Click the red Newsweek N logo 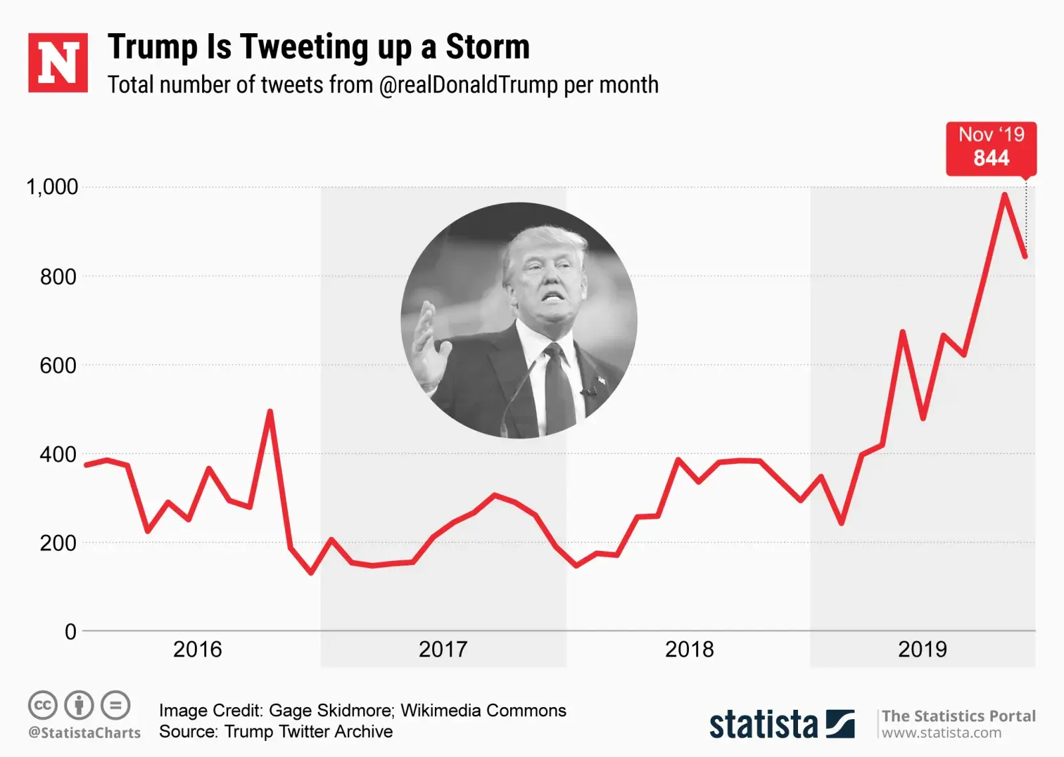(x=58, y=62)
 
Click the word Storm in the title (x=487, y=47)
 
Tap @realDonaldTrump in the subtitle (x=468, y=85)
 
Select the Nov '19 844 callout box (x=991, y=148)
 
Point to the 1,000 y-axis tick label (x=52, y=187)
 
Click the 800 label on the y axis (x=58, y=276)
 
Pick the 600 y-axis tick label (x=58, y=366)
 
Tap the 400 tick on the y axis (x=58, y=455)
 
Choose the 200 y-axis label (x=58, y=543)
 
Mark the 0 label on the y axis (x=70, y=631)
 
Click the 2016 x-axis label (x=198, y=649)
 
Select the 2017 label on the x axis (x=443, y=649)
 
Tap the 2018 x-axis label (x=689, y=649)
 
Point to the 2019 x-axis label (x=922, y=649)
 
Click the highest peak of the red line (x=1004, y=195)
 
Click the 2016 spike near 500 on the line (x=270, y=411)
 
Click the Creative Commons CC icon (x=43, y=705)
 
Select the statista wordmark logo (x=763, y=724)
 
